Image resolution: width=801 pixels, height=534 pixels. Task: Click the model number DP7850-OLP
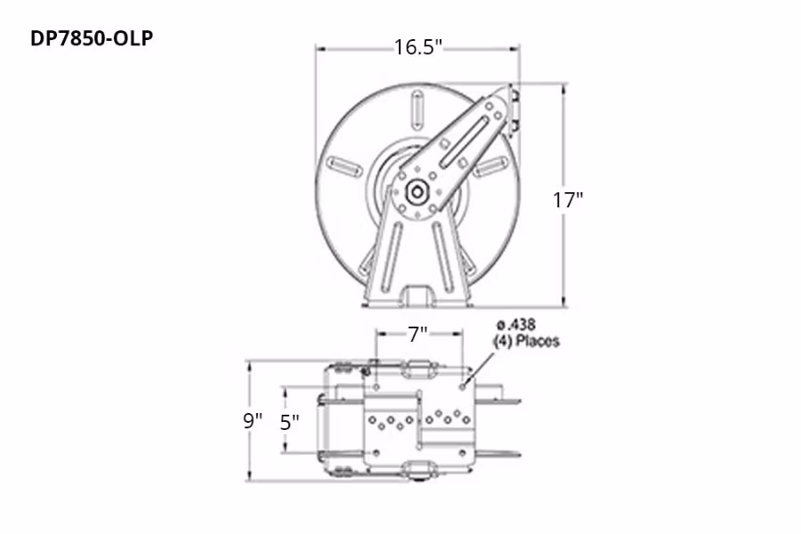click(85, 39)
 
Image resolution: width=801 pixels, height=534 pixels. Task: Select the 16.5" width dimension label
click(418, 47)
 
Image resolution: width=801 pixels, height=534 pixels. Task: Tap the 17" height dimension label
click(567, 199)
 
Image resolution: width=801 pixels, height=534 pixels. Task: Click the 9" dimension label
click(254, 421)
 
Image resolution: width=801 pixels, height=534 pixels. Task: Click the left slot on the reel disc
click(344, 166)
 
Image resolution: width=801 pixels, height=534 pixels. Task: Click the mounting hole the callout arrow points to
click(464, 386)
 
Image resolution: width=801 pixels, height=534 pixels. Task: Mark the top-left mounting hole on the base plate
click(376, 387)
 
